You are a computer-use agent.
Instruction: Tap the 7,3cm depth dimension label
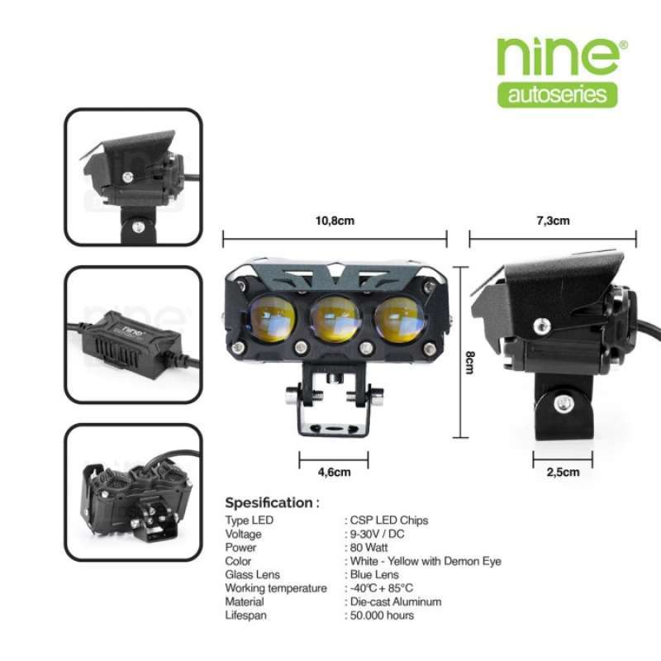pyautogui.click(x=553, y=221)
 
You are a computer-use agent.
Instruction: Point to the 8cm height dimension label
pyautogui.click(x=469, y=361)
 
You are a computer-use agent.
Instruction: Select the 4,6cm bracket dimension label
pyautogui.click(x=333, y=473)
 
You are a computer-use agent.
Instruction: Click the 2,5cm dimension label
pyautogui.click(x=562, y=473)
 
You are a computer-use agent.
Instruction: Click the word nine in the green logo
pyautogui.click(x=558, y=56)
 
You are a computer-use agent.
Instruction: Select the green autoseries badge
pyautogui.click(x=558, y=93)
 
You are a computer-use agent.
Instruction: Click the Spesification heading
pyautogui.click(x=269, y=502)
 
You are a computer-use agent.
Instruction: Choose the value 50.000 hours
pyautogui.click(x=383, y=615)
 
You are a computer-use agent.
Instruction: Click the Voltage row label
pyautogui.click(x=244, y=534)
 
